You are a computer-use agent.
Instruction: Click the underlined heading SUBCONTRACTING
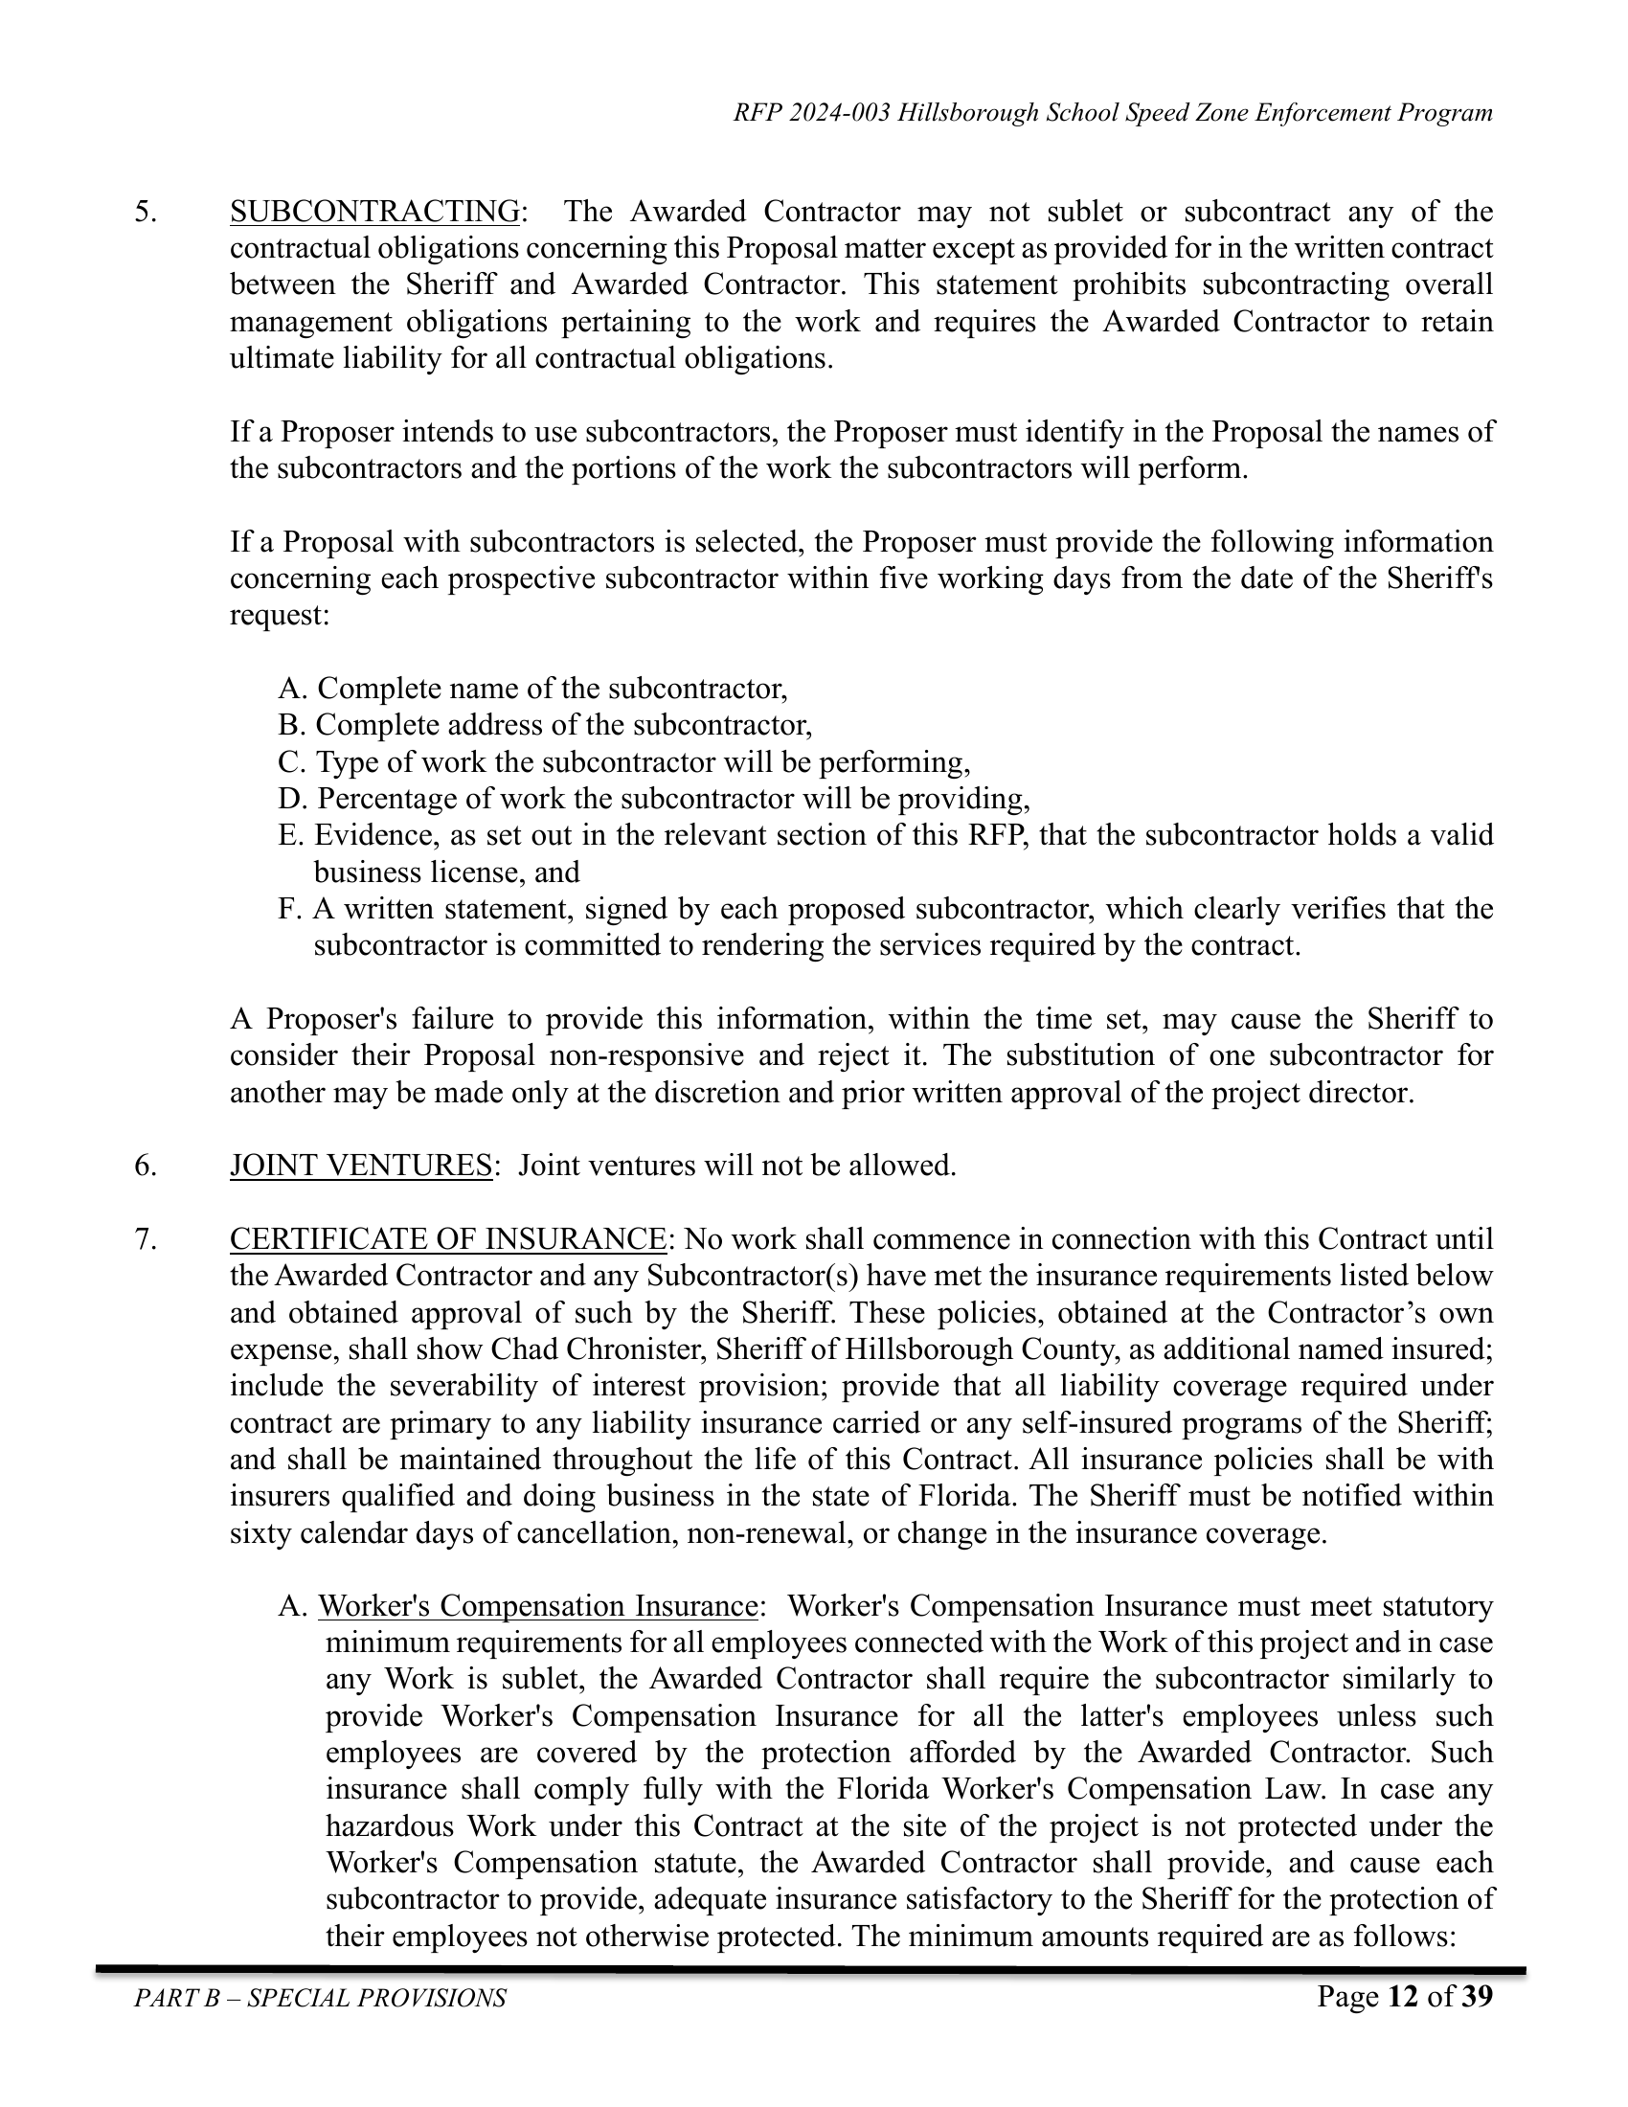coord(374,212)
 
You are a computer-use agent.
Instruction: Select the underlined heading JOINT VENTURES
coord(361,1166)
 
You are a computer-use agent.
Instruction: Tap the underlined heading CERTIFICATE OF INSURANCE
coord(447,1238)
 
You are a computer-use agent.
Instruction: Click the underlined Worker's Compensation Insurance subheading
coord(537,1606)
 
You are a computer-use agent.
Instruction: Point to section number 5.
coord(145,212)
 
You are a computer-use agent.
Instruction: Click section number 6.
coord(145,1166)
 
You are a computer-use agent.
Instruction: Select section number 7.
coord(145,1238)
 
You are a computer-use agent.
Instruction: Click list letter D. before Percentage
coord(292,799)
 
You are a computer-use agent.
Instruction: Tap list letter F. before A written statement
coord(289,909)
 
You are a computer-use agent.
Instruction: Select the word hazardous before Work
coord(389,1826)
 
